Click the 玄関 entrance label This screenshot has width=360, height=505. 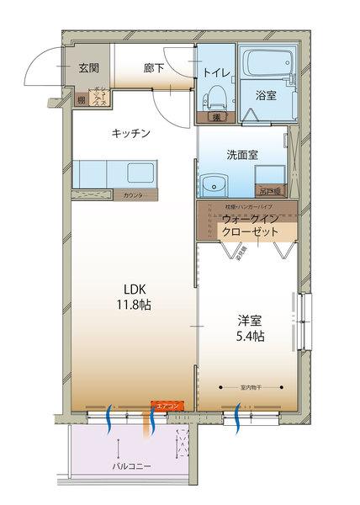coord(89,68)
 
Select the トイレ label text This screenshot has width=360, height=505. coord(215,72)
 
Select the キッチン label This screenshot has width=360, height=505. coord(130,133)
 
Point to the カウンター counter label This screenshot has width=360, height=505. coord(132,196)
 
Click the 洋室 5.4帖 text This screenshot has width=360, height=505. coord(251,327)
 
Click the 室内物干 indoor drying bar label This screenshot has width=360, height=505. coord(250,387)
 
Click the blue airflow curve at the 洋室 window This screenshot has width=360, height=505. coord(237,415)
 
